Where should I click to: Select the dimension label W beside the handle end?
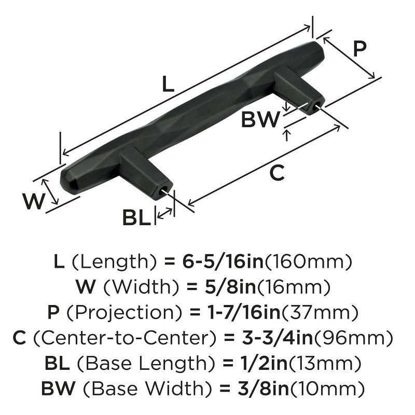[x=34, y=201]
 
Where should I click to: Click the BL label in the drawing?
[x=136, y=217]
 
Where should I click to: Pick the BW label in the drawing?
[x=260, y=120]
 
